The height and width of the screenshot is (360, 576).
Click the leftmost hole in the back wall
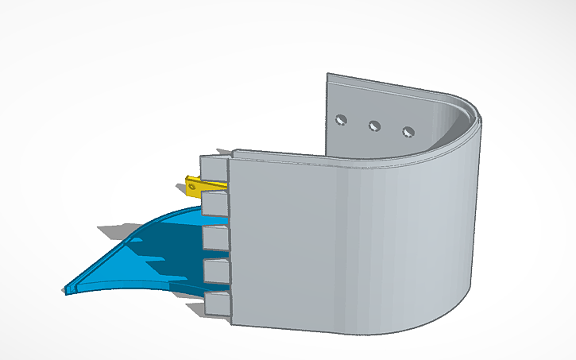341,120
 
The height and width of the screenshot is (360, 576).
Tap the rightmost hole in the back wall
408,131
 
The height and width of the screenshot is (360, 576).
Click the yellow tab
203,186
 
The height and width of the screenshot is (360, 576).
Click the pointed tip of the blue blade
66,289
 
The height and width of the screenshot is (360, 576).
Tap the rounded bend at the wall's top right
469,111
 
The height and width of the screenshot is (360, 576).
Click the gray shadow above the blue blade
119,232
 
